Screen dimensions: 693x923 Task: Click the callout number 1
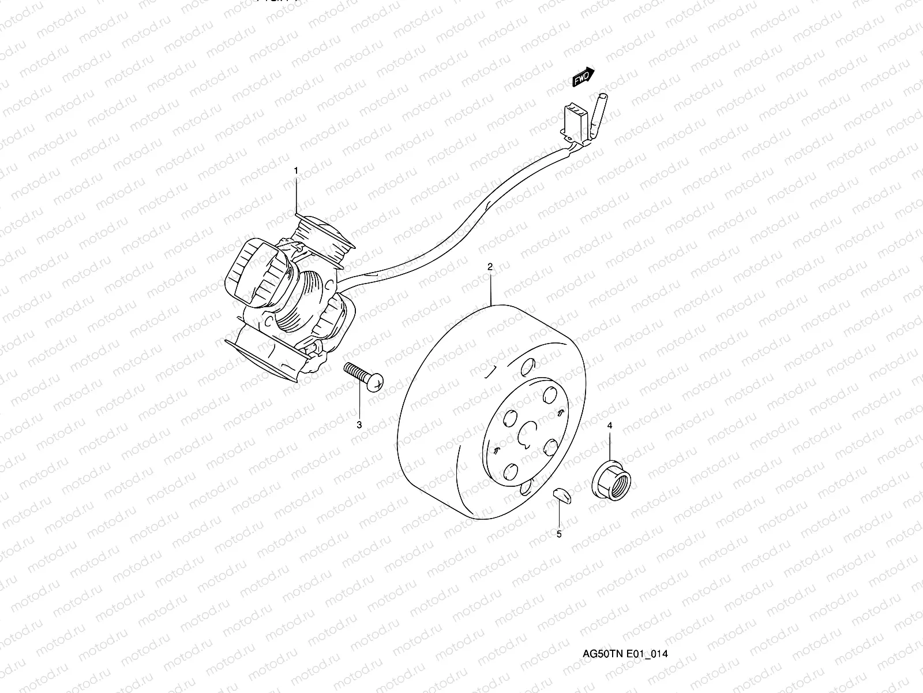click(297, 171)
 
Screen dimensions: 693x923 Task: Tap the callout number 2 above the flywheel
click(490, 267)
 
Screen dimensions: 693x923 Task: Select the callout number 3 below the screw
click(359, 425)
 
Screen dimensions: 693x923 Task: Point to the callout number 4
click(610, 426)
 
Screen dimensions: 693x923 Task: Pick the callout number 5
click(559, 534)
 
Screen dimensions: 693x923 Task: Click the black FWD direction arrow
click(583, 77)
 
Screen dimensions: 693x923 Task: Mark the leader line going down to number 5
click(558, 514)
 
